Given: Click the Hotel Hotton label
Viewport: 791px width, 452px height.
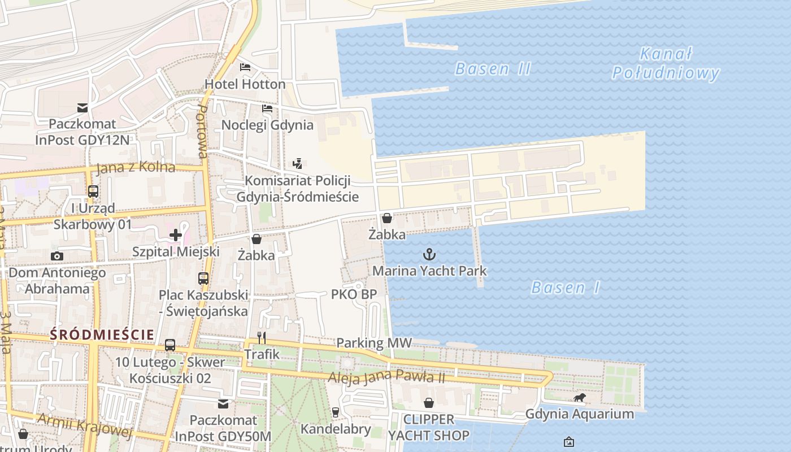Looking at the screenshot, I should [245, 84].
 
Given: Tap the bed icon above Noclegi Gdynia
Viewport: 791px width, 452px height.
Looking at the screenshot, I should [267, 108].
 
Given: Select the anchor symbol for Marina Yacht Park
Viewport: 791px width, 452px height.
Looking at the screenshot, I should [429, 254].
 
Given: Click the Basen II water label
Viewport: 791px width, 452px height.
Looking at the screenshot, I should [493, 69].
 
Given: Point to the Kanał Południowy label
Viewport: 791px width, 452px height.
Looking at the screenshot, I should [666, 63].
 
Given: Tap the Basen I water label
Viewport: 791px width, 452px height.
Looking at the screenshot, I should [566, 288].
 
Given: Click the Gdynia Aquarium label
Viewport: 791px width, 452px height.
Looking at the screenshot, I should [579, 414].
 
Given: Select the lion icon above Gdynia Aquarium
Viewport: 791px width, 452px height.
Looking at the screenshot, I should [579, 398].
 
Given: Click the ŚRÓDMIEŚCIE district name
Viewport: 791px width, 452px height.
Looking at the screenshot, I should [102, 334].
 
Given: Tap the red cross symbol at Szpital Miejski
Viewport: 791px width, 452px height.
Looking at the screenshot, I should [175, 234].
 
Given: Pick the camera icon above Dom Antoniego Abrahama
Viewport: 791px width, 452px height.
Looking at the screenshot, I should [56, 256].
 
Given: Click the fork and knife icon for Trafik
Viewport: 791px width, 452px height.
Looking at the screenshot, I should [262, 338].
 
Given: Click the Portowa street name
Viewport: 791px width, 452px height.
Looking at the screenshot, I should [201, 131].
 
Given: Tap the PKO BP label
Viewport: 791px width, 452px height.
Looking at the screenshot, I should [354, 294].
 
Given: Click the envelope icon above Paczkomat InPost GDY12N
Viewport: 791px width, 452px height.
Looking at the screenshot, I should [82, 107].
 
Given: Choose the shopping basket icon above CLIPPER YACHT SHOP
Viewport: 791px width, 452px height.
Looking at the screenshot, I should [429, 403].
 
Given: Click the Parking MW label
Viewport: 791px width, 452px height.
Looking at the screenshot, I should [374, 343].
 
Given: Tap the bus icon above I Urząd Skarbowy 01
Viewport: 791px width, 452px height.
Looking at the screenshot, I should [93, 192].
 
